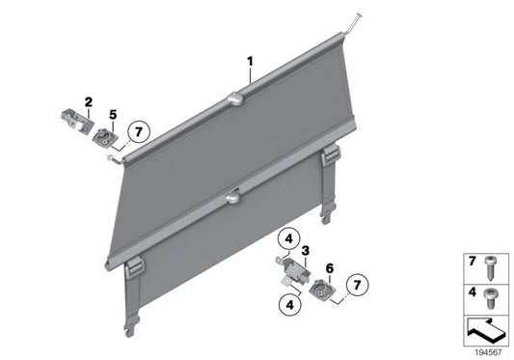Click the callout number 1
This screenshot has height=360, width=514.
[250, 61]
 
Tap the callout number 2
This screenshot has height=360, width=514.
[88, 101]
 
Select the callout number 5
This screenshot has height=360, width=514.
[113, 115]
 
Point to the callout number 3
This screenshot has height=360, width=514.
[305, 252]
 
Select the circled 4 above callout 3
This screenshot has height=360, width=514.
[287, 239]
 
